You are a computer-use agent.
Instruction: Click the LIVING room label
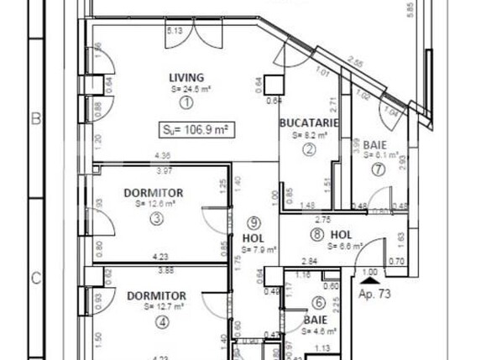(x=186, y=78)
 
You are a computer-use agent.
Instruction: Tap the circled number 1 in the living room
(x=186, y=102)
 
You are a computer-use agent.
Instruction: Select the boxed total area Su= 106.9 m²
(x=196, y=129)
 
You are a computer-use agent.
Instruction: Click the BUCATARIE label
(x=308, y=123)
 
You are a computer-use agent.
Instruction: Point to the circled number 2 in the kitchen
(x=309, y=149)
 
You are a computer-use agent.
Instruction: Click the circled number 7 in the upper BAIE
(x=379, y=169)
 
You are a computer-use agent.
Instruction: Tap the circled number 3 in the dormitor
(x=155, y=219)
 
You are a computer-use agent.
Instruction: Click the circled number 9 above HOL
(x=254, y=222)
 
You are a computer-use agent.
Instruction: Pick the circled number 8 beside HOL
(x=316, y=234)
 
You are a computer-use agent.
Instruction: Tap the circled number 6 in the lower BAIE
(x=318, y=303)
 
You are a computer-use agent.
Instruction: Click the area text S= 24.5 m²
(x=185, y=90)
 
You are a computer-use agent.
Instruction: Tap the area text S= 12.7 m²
(x=157, y=307)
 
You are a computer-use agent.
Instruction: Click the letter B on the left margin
(x=36, y=119)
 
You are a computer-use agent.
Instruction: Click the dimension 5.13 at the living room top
(x=175, y=31)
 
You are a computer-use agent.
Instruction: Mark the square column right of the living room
(x=272, y=85)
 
